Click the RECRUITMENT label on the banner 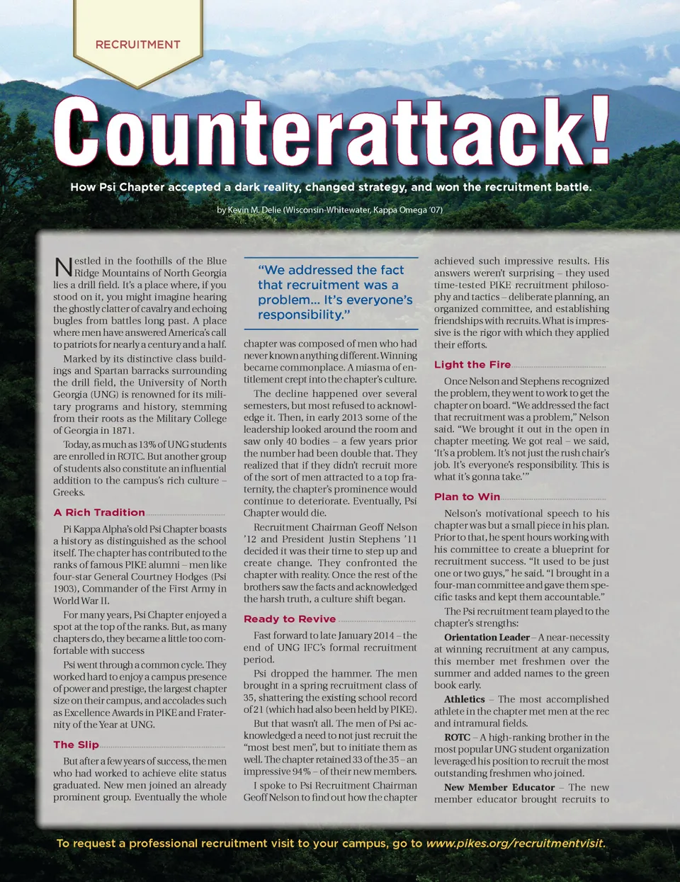point(137,45)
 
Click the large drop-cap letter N point(63,267)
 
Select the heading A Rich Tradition point(99,512)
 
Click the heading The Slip point(76,745)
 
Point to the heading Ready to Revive point(290,618)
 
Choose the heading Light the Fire point(472,364)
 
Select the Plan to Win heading point(467,497)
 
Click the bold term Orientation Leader point(487,638)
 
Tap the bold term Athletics point(464,699)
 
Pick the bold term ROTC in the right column point(457,737)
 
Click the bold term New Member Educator point(499,787)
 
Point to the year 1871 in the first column point(121,431)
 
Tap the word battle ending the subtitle point(569,187)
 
